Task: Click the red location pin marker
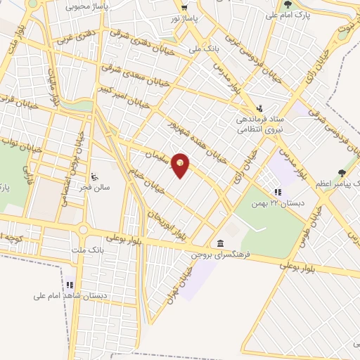[x=181, y=165]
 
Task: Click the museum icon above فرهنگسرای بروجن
[x=220, y=243]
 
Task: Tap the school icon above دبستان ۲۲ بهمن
[x=278, y=191]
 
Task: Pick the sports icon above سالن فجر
[x=96, y=176]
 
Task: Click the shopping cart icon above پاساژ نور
[x=185, y=6]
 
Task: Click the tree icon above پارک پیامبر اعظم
[x=342, y=172]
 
